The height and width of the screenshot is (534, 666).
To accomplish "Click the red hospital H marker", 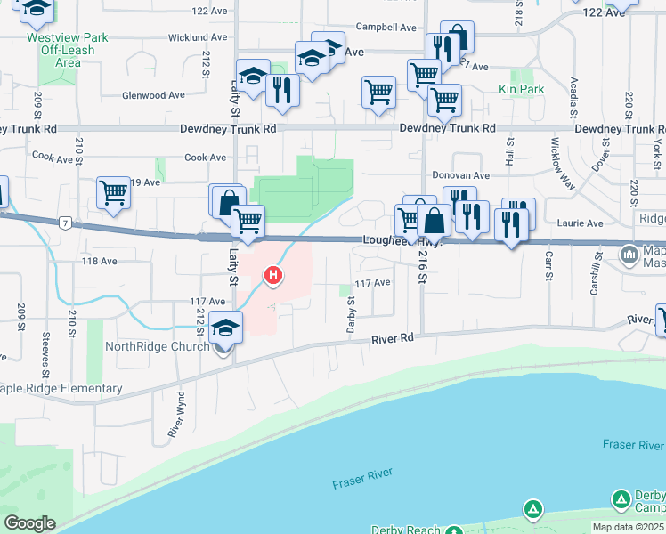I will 273,277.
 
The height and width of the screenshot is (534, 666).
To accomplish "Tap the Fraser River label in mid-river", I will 362,482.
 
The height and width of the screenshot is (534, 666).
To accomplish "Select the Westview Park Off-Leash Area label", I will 55,51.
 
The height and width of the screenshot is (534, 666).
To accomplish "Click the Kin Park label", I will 522,90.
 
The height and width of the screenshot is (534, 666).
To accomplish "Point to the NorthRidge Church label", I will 158,347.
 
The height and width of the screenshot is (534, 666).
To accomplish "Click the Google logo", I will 28,523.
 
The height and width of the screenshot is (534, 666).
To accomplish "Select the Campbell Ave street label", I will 386,28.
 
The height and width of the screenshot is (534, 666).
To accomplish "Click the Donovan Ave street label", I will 461,176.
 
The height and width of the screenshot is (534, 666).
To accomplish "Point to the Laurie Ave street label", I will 582,223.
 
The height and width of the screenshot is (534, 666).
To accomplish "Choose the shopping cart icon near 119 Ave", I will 114,192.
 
